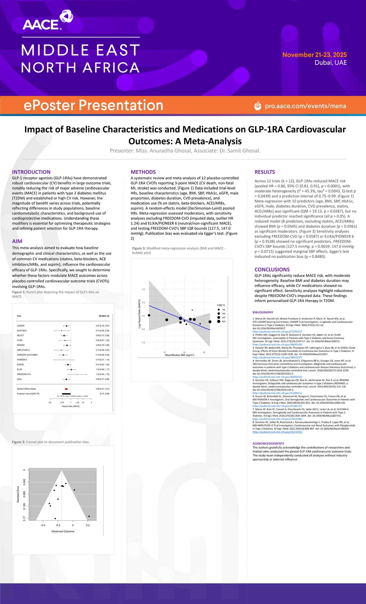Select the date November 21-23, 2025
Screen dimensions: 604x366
(314, 55)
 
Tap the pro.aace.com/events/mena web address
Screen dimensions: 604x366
(305, 106)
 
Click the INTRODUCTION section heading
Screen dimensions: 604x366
(31, 172)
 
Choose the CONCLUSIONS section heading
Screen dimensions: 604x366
(272, 269)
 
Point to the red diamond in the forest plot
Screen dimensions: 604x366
(66, 389)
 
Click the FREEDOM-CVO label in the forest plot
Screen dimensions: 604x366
(24, 374)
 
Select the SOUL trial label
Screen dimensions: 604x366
(19, 379)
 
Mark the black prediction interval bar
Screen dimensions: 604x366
(66, 394)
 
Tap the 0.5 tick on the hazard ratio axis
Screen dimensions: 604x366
(50, 403)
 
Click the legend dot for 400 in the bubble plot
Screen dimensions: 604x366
(219, 321)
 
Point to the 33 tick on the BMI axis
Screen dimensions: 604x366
(204, 352)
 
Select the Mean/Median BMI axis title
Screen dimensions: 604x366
(180, 355)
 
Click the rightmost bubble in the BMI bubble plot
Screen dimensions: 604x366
(210, 322)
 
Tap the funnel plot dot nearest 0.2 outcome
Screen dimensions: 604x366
(89, 516)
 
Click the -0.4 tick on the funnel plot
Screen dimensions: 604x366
(43, 525)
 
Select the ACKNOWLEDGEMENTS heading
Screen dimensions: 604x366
(268, 443)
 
